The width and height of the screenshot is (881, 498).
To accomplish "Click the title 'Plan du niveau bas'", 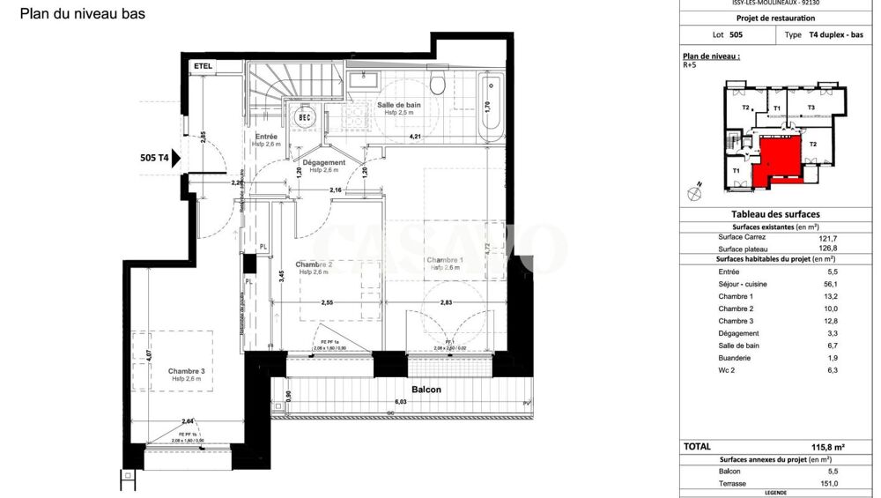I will point(83,14).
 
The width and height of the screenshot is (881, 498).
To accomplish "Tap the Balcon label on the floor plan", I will point(426,389).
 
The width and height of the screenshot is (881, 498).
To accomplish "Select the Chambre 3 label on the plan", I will point(187,372).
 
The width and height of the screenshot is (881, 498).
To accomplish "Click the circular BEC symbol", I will point(305,117).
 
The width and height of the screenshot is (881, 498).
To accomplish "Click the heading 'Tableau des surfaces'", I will point(775,214).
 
